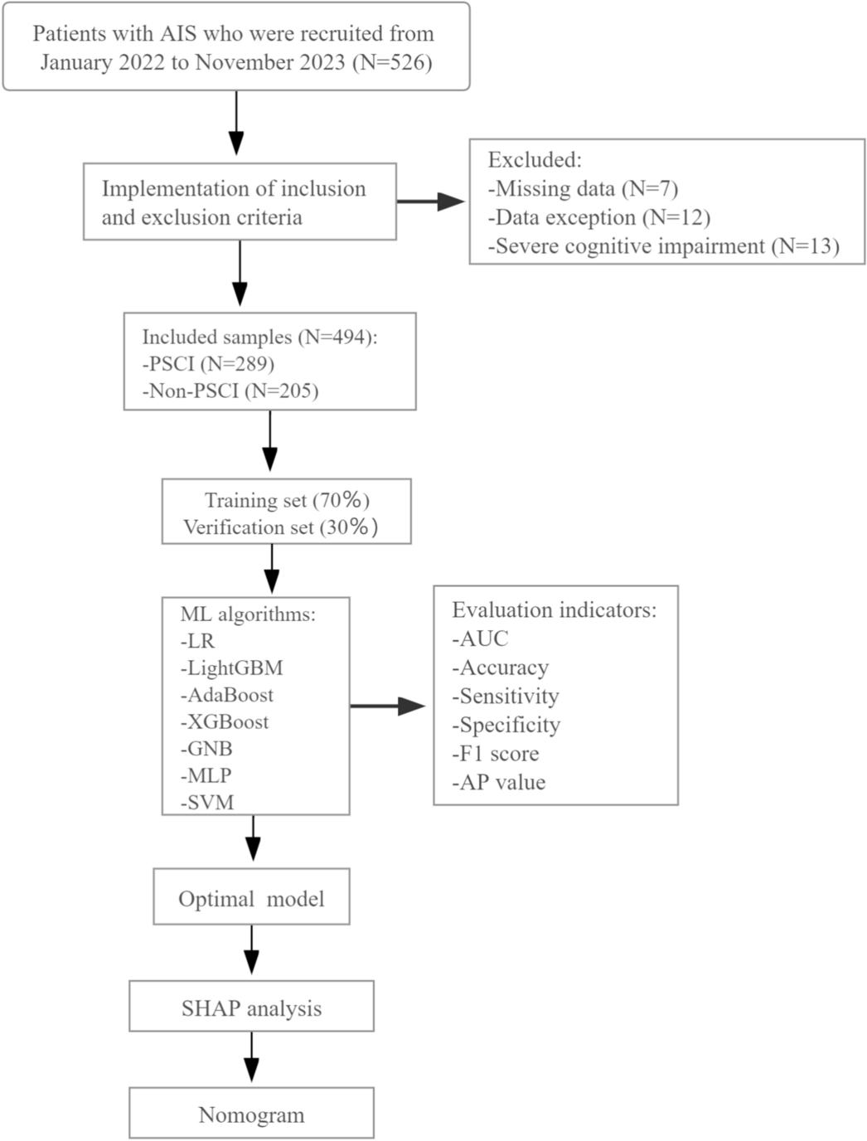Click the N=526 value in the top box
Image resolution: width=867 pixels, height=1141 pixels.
(392, 62)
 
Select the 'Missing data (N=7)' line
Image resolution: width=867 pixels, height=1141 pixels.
(583, 189)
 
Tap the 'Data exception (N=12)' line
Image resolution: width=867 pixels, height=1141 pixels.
(598, 217)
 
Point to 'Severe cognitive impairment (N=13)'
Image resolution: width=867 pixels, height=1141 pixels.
(663, 246)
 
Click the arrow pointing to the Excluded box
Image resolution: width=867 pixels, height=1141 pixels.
(431, 201)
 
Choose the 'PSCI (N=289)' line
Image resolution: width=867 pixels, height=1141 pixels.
(208, 363)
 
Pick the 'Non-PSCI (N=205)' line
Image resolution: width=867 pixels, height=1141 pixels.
(230, 391)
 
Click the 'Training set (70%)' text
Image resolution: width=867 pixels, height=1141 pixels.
(287, 500)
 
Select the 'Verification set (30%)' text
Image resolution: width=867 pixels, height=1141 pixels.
(280, 527)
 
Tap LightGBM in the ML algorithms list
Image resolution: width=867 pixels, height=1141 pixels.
(231, 668)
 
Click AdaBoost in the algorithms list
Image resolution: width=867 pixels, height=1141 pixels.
(226, 695)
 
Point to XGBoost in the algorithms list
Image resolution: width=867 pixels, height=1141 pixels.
(224, 721)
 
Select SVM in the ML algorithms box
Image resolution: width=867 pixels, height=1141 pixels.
(207, 802)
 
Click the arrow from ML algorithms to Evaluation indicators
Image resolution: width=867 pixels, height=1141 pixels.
(388, 706)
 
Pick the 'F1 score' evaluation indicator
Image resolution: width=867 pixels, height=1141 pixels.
(495, 754)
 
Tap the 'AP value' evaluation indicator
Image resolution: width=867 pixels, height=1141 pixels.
(498, 782)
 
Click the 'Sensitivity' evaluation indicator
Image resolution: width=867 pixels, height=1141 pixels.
(505, 696)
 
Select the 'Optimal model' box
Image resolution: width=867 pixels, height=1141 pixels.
(251, 899)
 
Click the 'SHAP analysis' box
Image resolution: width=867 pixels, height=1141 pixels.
(251, 1008)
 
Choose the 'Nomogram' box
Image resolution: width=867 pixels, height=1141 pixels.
(251, 1114)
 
